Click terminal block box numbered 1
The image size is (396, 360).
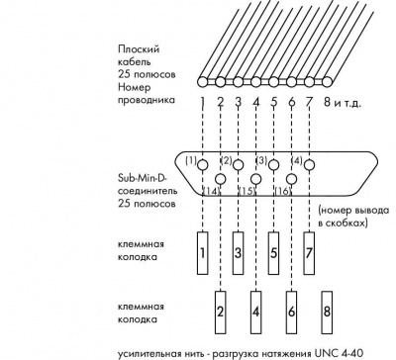pos(203,253)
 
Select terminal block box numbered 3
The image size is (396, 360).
pos(238,253)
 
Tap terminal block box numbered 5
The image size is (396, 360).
pos(273,253)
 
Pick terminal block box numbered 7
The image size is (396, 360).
pos(309,253)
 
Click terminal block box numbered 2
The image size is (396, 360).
pos(221,313)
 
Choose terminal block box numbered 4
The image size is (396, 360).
pos(255,313)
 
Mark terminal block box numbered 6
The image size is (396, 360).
pos(291,313)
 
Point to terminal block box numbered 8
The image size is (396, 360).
pos(327,313)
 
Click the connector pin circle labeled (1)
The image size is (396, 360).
pos(203,164)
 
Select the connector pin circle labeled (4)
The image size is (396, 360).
pos(309,164)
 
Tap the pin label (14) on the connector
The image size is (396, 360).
pos(211,191)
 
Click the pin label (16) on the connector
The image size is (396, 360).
pos(282,191)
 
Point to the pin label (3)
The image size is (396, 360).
pos(261,161)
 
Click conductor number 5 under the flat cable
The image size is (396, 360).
pos(274,102)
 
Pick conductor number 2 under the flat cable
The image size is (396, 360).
pos(221,102)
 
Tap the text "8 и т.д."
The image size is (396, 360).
pos(342,103)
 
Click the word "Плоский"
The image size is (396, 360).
pos(139,49)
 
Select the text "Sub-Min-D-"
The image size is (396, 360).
pos(143,178)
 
